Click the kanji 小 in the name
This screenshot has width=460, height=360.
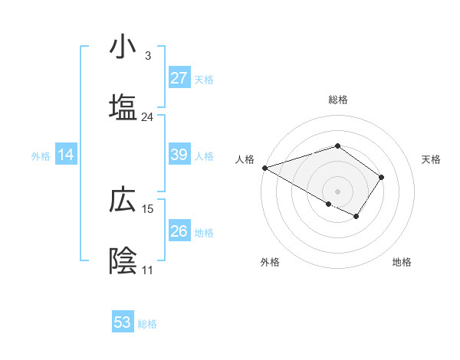pyautogui.click(x=123, y=47)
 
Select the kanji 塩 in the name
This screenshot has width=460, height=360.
pyautogui.click(x=123, y=108)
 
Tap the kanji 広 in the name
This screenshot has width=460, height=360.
pyautogui.click(x=123, y=200)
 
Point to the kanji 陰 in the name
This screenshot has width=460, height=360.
pyautogui.click(x=123, y=260)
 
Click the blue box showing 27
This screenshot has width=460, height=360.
pyautogui.click(x=179, y=78)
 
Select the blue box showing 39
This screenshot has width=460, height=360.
pyautogui.click(x=179, y=155)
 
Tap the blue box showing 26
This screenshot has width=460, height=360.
pyautogui.click(x=179, y=231)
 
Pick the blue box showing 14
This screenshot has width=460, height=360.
pyautogui.click(x=66, y=155)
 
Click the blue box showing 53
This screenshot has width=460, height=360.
pyautogui.click(x=123, y=322)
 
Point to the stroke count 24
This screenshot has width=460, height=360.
pyautogui.click(x=147, y=117)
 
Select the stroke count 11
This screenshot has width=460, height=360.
pyautogui.click(x=147, y=270)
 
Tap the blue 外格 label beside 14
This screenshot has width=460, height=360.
pyautogui.click(x=41, y=155)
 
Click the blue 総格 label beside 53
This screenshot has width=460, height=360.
pyautogui.click(x=147, y=323)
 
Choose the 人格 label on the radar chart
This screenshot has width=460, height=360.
pyautogui.click(x=245, y=159)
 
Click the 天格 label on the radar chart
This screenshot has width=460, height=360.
pyautogui.click(x=432, y=159)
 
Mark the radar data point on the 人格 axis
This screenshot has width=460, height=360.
pyautogui.click(x=264, y=168)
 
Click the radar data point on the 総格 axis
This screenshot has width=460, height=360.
pyautogui.click(x=337, y=146)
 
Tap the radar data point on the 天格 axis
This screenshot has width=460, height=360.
pyautogui.click(x=382, y=177)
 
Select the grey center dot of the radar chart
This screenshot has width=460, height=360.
pyautogui.click(x=337, y=191)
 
